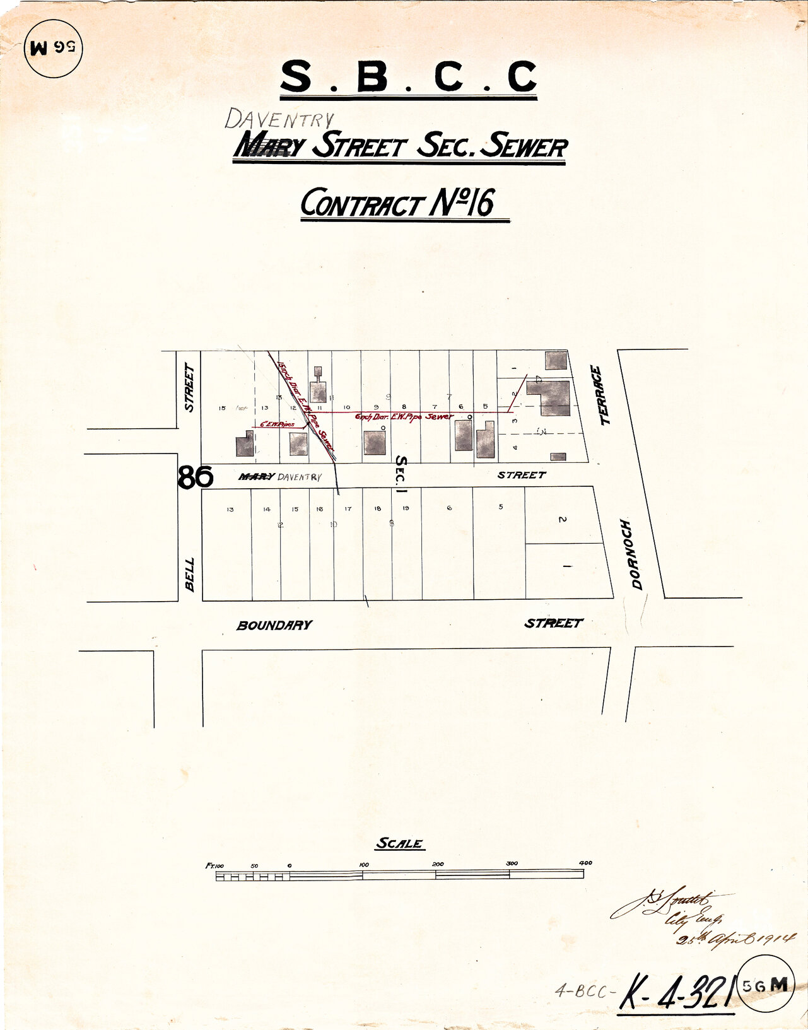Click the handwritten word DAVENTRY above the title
click(279, 119)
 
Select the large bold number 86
click(195, 477)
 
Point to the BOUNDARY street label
click(274, 625)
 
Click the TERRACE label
click(604, 395)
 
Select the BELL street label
click(189, 574)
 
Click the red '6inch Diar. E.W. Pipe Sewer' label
click(404, 417)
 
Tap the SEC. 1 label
click(400, 472)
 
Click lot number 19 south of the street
click(406, 508)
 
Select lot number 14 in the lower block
click(267, 509)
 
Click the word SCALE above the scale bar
click(399, 843)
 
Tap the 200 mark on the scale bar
click(437, 864)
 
